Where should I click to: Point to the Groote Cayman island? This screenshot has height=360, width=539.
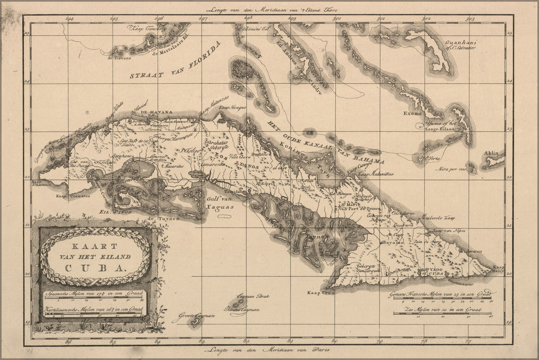194,323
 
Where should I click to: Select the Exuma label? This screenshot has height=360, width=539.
412,113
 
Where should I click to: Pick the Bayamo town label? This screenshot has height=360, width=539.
391,242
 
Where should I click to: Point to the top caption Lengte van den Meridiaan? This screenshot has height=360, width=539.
269,9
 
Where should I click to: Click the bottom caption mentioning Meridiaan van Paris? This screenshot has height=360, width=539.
269,351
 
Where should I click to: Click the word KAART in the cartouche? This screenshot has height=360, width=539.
95,246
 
